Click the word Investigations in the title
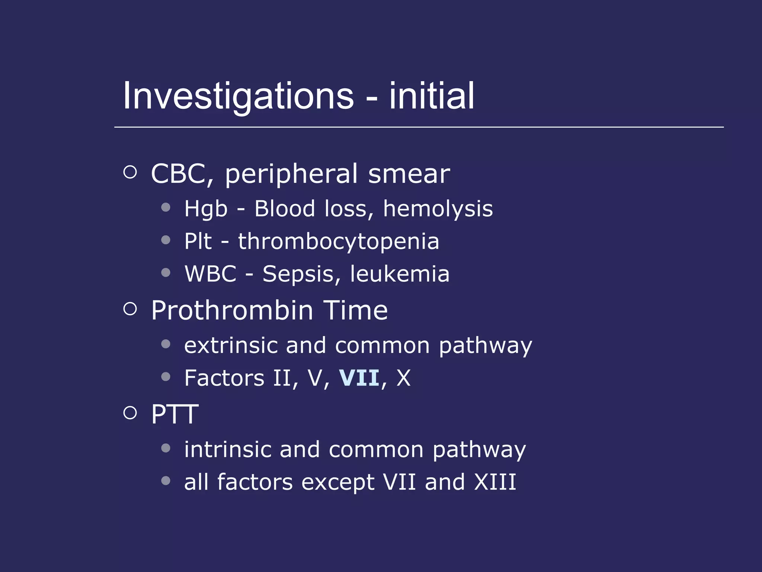point(238,96)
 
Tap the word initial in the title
point(432,96)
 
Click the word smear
point(409,174)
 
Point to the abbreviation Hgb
point(206,209)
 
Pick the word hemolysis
point(438,209)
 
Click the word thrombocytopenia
point(339,241)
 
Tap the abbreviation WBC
point(211,274)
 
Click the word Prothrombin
point(232,310)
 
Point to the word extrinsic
point(231,345)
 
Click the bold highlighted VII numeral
point(359,378)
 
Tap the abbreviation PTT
point(175,414)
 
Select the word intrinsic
point(228,449)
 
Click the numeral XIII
point(495,482)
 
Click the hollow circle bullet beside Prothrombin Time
point(130,308)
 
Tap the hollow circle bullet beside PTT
point(130,412)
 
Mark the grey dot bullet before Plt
point(166,240)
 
